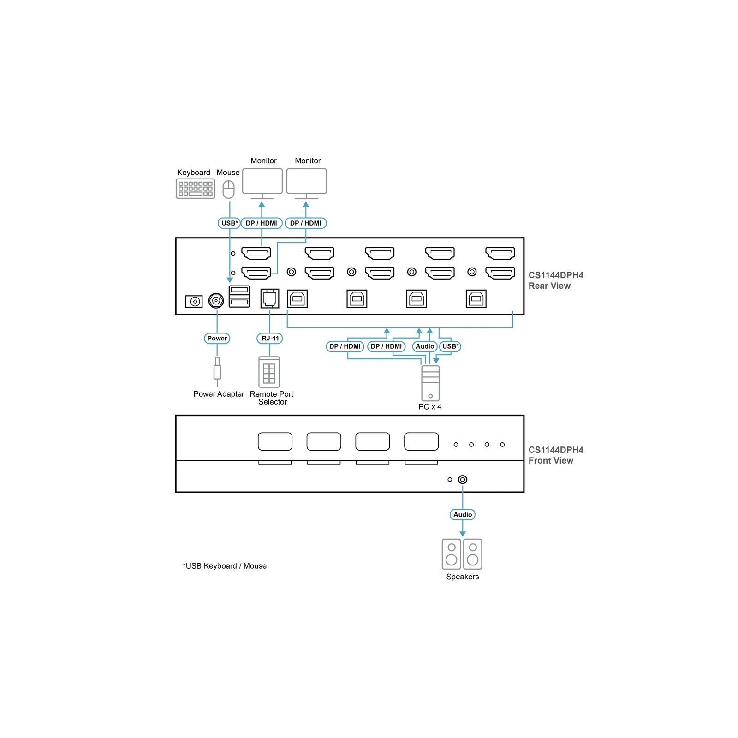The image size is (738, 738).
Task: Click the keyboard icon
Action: click(196, 189)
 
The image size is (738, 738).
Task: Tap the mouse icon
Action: click(229, 190)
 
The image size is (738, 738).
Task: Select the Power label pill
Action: click(217, 339)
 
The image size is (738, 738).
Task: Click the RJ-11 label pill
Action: click(270, 339)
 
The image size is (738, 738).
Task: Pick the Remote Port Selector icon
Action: click(269, 372)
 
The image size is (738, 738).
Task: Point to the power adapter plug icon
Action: click(217, 372)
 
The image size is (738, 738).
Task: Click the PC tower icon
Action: click(430, 383)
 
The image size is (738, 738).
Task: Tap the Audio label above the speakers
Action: click(463, 515)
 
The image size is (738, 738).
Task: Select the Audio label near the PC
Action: click(425, 346)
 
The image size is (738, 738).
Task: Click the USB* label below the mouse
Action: click(229, 223)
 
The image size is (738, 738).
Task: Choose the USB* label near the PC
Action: click(450, 346)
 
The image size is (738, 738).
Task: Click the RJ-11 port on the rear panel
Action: click(270, 298)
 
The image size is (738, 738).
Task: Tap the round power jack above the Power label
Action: click(216, 301)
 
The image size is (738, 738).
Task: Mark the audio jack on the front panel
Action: click(463, 480)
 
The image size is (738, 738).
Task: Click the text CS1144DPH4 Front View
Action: click(556, 455)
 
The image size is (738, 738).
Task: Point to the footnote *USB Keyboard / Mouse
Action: click(225, 566)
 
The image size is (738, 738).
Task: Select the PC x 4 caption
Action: click(430, 407)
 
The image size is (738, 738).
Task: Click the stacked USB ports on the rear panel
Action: click(239, 297)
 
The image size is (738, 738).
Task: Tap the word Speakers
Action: click(463, 577)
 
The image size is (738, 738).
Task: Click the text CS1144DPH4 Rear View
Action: click(556, 280)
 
